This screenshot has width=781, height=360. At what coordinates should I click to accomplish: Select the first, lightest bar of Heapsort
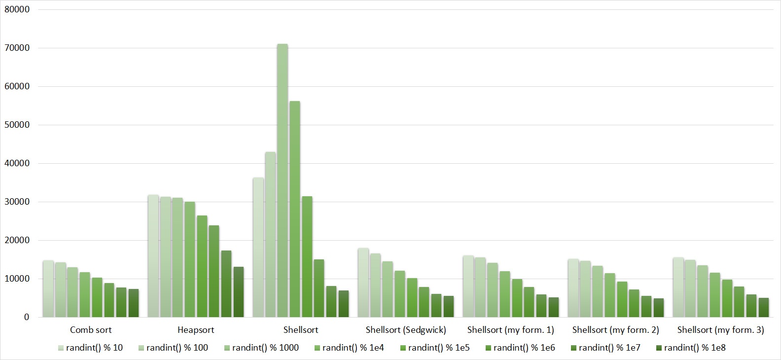point(153,256)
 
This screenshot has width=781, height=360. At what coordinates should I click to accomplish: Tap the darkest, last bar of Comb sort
point(134,303)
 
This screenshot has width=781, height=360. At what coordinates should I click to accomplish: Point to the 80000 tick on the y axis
point(17,9)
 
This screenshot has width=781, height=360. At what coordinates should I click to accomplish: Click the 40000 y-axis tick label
point(17,163)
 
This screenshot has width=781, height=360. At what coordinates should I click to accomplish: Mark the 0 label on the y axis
point(26,317)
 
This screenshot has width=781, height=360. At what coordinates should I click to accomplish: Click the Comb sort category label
point(91,330)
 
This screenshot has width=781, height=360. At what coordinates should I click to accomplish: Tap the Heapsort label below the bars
point(196,330)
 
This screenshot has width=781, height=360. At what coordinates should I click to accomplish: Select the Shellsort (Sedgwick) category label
point(406,330)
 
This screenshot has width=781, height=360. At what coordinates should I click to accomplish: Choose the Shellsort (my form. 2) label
point(615,330)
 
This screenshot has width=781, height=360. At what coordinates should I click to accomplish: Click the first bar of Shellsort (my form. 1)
point(468,287)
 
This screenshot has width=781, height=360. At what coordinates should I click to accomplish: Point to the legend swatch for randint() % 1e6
point(489,348)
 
